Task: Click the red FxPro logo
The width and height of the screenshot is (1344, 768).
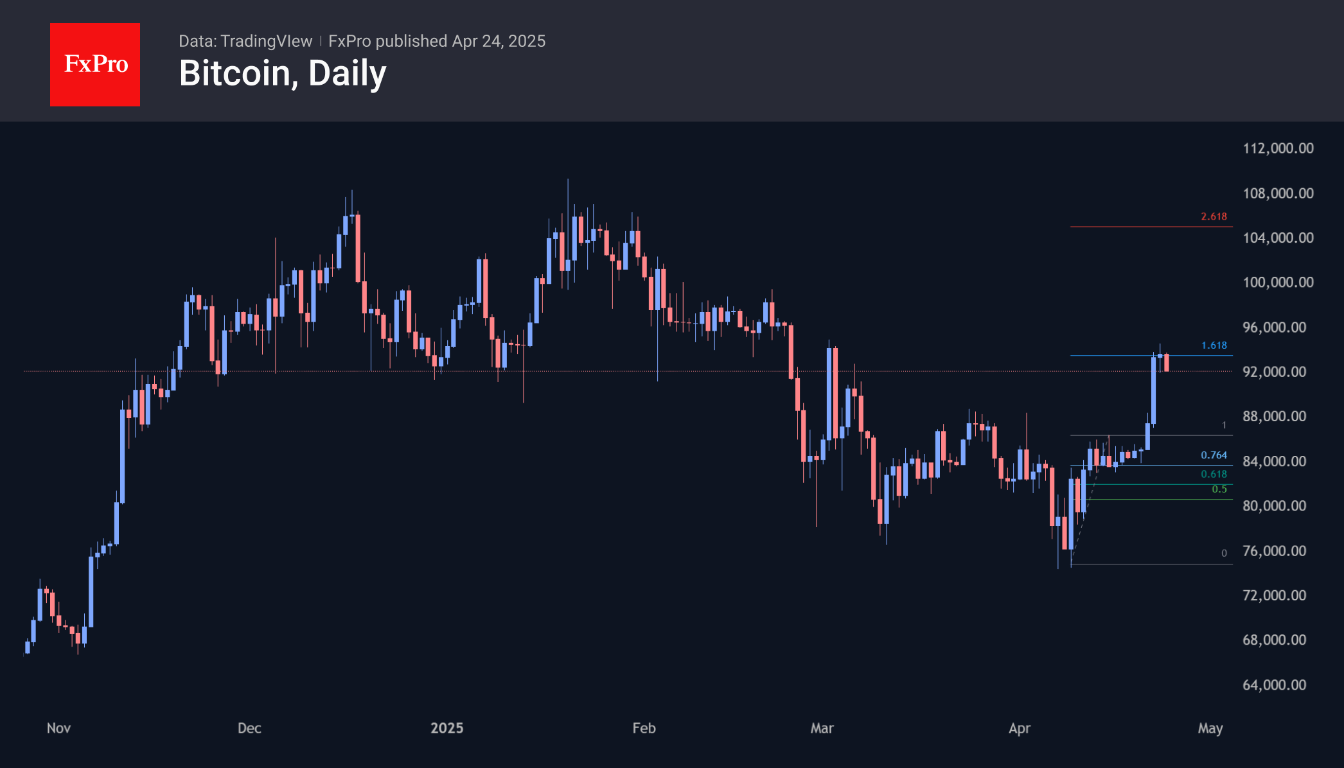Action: (95, 64)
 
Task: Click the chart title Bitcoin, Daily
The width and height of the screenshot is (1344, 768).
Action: (283, 73)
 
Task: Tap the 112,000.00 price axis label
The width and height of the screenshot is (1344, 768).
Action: (1278, 148)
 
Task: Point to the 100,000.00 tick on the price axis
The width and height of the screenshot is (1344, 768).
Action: (1278, 283)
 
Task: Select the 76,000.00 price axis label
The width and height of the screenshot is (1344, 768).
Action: (1274, 551)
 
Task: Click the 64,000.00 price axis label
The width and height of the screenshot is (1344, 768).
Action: (1274, 685)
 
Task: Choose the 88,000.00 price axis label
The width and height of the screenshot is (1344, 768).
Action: (1274, 417)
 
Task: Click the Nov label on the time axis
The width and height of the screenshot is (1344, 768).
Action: (58, 728)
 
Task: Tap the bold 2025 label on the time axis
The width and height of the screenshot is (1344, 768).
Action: (447, 728)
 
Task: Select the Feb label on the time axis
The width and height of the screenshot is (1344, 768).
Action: (644, 728)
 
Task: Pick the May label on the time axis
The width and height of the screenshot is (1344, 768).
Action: (1210, 728)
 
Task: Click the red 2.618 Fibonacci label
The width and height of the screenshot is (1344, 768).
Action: (1214, 217)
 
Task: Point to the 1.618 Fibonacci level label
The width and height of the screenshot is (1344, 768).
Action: (1214, 345)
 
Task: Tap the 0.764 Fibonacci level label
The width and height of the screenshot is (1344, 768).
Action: (1214, 455)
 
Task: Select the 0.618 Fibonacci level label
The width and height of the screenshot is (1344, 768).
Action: (1214, 475)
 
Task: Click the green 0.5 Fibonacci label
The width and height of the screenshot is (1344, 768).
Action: (1219, 489)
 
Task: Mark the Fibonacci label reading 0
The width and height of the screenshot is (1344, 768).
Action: (1224, 554)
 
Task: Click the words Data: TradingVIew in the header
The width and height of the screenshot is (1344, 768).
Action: (245, 41)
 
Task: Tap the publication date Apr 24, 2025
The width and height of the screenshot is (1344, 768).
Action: (499, 41)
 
